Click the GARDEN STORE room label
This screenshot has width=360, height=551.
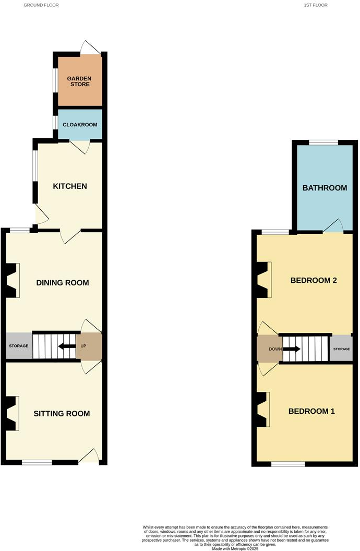tap(79, 81)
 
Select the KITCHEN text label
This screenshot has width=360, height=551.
tap(69, 186)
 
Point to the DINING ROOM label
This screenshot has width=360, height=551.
tap(62, 283)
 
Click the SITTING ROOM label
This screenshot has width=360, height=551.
tap(62, 414)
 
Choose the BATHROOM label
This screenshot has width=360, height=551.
tap(325, 188)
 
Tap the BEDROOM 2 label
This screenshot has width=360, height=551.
tap(313, 281)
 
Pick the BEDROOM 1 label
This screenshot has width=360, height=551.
tap(311, 411)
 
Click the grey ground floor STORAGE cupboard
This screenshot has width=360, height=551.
tap(18, 346)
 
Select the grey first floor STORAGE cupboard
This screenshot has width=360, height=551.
tap(341, 349)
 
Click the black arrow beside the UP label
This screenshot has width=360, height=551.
tap(66, 346)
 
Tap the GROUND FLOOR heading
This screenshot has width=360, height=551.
tap(41, 5)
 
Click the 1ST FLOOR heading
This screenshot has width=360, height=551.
tap(315, 5)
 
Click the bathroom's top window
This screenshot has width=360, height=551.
tap(323, 142)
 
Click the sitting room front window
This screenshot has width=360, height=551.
tap(37, 462)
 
